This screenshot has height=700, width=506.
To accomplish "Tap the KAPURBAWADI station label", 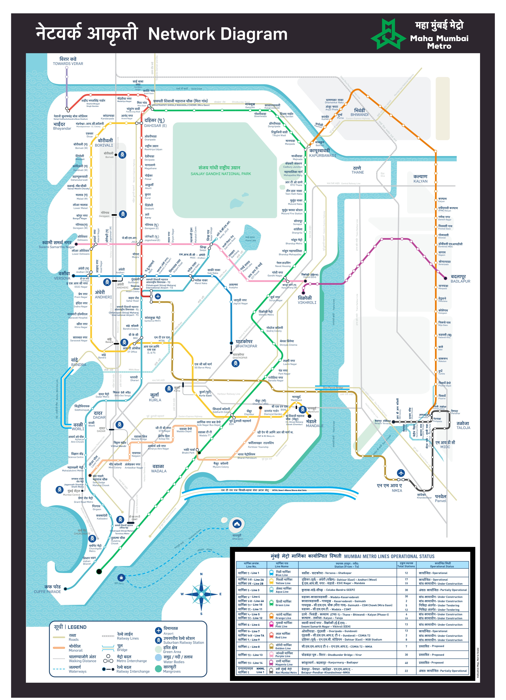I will [x=323, y=156].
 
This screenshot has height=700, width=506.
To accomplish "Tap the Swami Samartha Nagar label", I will [x=57, y=247].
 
